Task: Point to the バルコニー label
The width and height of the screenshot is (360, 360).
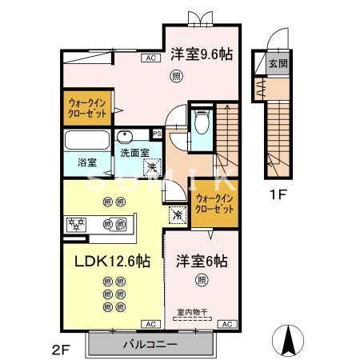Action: click(x=150, y=345)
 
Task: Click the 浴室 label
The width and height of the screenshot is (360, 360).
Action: click(x=86, y=162)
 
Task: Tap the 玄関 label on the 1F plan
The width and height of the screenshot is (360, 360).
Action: click(x=277, y=63)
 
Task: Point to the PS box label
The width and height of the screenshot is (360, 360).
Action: click(x=158, y=133)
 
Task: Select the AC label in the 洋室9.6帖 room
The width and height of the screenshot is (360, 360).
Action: click(x=149, y=58)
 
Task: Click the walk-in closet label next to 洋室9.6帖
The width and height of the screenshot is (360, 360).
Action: click(x=86, y=108)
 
